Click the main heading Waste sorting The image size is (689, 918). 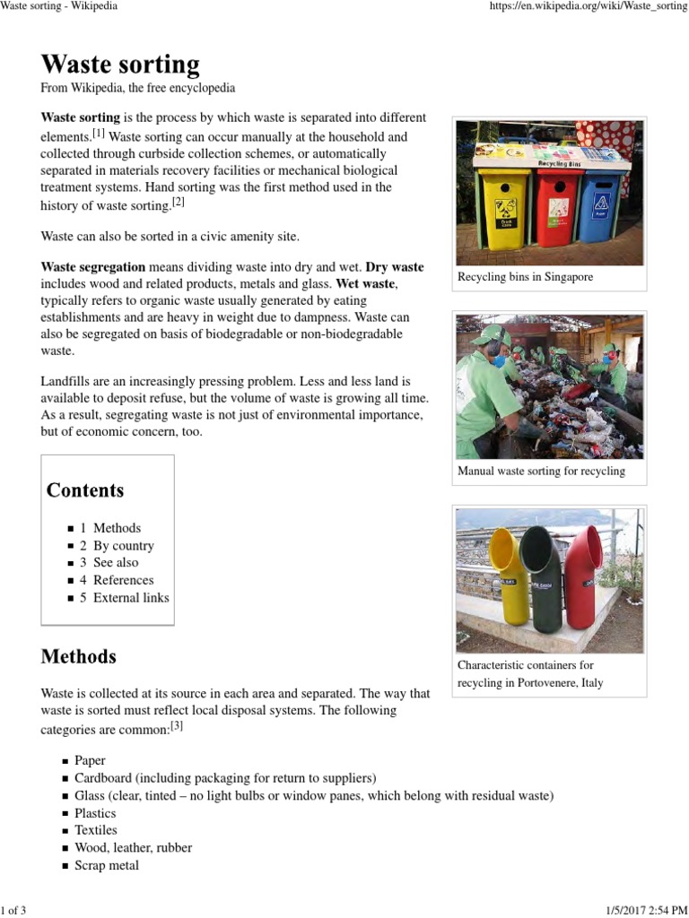(x=120, y=65)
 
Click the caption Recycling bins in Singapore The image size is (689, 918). (x=525, y=277)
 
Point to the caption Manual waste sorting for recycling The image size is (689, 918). (x=541, y=471)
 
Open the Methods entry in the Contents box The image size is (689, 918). (x=117, y=528)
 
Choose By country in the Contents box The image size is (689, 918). (x=123, y=545)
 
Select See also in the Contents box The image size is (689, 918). (x=116, y=562)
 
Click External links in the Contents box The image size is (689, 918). (x=131, y=597)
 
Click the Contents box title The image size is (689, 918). (x=85, y=490)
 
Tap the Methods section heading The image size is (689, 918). (x=79, y=656)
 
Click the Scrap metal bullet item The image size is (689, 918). (x=107, y=865)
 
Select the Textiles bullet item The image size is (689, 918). (x=96, y=830)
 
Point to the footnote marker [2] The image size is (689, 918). (x=179, y=203)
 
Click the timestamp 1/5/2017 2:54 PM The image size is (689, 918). (x=632, y=911)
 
